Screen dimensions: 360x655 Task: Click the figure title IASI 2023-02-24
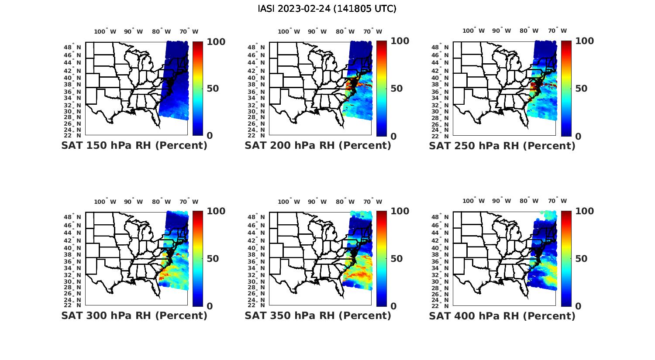click(327, 9)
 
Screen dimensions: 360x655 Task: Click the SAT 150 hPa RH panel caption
click(134, 145)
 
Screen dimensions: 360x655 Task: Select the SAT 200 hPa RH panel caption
click(318, 145)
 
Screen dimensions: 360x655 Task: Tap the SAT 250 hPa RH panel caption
click(502, 145)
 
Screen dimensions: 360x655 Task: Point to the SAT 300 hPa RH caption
click(134, 315)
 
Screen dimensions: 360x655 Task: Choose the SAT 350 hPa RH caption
click(318, 315)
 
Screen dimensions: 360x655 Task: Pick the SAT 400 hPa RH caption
click(502, 315)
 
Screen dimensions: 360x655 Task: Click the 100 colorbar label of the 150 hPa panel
click(216, 41)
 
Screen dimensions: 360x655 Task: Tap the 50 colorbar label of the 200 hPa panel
click(396, 89)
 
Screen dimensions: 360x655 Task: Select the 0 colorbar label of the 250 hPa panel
click(578, 136)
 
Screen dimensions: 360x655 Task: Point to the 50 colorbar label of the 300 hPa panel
click(213, 259)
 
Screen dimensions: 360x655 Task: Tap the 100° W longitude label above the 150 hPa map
click(105, 31)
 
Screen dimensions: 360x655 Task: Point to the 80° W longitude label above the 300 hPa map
click(162, 202)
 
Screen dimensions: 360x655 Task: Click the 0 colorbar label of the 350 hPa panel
click(393, 306)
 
